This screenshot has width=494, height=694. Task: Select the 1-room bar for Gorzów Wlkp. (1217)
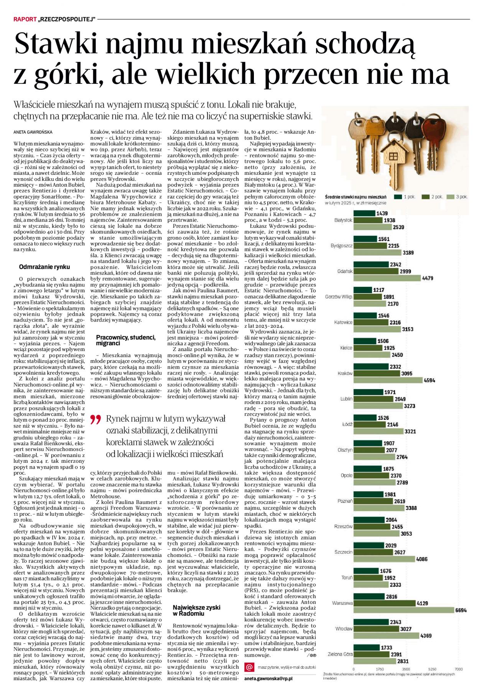pyautogui.click(x=362, y=290)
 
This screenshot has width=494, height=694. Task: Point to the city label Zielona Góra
pyautogui.click(x=340, y=654)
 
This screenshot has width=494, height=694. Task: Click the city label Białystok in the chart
pyautogui.click(x=343, y=220)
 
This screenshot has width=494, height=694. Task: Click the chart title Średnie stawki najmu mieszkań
pyautogui.click(x=356, y=197)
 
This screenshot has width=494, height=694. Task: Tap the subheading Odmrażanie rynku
pyautogui.click(x=44, y=267)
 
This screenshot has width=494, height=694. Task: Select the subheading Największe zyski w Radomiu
pyautogui.click(x=196, y=611)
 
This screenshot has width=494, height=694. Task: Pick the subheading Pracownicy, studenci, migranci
pyautogui.click(x=126, y=340)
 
